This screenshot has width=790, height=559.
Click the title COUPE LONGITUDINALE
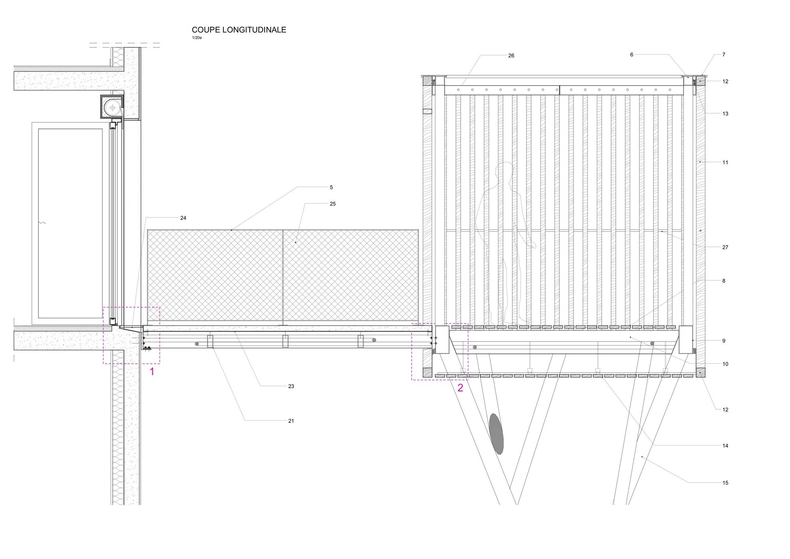pyautogui.click(x=239, y=30)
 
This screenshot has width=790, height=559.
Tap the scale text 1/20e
pyautogui.click(x=197, y=38)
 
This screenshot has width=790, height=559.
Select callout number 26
pyautogui.click(x=511, y=56)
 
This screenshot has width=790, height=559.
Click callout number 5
pyautogui.click(x=331, y=187)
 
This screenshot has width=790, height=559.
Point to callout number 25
pyautogui.click(x=333, y=204)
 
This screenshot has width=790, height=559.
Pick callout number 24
pyautogui.click(x=183, y=218)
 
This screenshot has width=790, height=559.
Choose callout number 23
pyautogui.click(x=291, y=386)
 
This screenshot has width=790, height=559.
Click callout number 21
pyautogui.click(x=291, y=421)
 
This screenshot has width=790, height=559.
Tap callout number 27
pyautogui.click(x=725, y=247)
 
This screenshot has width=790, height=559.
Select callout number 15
pyautogui.click(x=725, y=483)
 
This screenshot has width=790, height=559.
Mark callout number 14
pyautogui.click(x=725, y=446)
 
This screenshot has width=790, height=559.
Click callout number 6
pyautogui.click(x=632, y=55)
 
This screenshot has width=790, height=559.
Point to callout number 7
pyautogui.click(x=724, y=55)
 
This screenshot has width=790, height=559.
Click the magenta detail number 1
pyautogui.click(x=152, y=372)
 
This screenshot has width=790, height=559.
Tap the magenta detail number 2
pyautogui.click(x=460, y=388)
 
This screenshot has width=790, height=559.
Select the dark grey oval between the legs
pyautogui.click(x=497, y=434)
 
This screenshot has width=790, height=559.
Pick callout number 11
pyautogui.click(x=725, y=162)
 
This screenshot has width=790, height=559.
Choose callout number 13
pyautogui.click(x=725, y=114)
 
